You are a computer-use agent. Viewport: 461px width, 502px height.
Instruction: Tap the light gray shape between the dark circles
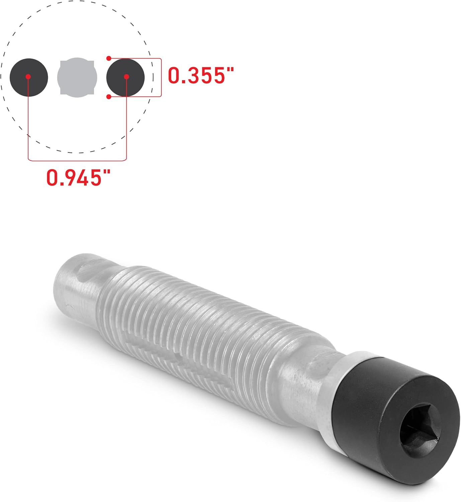click(x=77, y=77)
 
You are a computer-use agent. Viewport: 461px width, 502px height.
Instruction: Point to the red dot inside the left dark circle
click(x=28, y=77)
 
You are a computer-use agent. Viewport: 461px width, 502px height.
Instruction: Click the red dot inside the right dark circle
click(x=126, y=77)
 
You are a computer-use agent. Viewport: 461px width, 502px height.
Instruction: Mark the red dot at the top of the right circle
click(x=109, y=58)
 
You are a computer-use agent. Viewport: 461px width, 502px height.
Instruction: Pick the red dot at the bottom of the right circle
click(x=109, y=97)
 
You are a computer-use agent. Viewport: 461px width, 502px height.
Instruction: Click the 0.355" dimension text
click(x=200, y=75)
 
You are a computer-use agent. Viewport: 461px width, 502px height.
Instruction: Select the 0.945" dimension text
click(x=78, y=177)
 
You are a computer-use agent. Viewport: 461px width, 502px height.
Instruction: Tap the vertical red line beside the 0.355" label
click(x=161, y=78)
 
